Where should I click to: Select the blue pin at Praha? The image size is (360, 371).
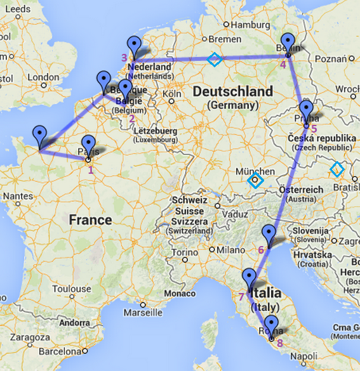click(306, 111)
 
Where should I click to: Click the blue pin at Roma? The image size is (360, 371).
click(272, 325)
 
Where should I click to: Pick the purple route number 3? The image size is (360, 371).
click(124, 58)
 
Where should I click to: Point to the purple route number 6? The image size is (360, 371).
click(261, 250)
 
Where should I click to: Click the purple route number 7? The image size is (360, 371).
click(241, 296)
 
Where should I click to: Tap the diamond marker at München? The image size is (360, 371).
click(255, 181)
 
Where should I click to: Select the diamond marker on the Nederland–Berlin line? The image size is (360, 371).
click(215, 59)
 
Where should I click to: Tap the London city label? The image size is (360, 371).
click(43, 77)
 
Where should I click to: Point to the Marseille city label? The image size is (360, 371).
click(144, 313)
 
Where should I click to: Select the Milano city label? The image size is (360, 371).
click(229, 250)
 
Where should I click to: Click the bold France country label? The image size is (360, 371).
click(90, 220)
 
